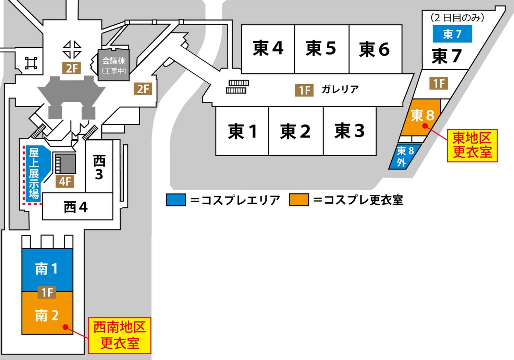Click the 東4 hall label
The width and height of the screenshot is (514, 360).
click(x=268, y=48)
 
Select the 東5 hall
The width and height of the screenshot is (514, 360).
click(x=321, y=48)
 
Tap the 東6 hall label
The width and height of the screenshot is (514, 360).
click(x=375, y=49)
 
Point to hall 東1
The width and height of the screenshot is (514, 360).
click(x=242, y=131)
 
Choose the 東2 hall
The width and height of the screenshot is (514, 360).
click(x=295, y=131)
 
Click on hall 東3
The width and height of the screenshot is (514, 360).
click(x=350, y=131)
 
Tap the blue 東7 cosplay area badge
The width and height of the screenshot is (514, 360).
click(x=452, y=34)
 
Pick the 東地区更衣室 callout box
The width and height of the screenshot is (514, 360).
click(x=472, y=145)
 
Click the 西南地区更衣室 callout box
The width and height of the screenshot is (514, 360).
click(x=120, y=335)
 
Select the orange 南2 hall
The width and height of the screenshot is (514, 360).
click(x=47, y=315)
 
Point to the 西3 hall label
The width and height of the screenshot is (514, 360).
click(x=99, y=167)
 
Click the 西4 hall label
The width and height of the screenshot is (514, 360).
click(x=76, y=207)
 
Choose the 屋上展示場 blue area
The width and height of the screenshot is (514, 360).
click(x=34, y=173)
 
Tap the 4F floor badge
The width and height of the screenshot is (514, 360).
click(x=65, y=181)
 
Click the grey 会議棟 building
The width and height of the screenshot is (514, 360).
click(x=114, y=65)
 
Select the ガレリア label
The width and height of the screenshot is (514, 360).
click(x=340, y=89)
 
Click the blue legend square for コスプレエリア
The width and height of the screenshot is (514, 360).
click(x=176, y=200)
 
